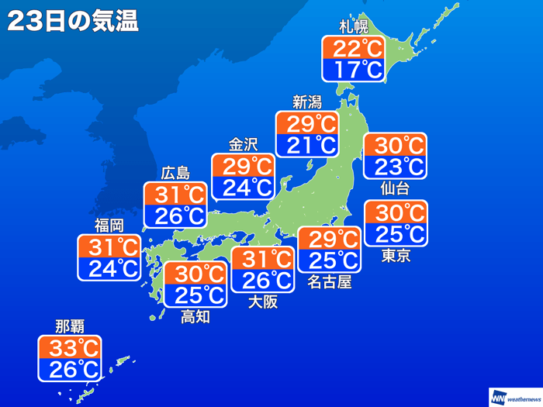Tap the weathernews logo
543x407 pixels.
click(x=514, y=396)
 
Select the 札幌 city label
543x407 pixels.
click(x=353, y=27)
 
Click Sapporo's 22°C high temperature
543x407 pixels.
click(x=353, y=49)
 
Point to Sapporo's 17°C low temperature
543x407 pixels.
click(x=353, y=71)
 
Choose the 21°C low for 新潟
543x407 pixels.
click(x=306, y=144)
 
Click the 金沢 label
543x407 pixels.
click(x=243, y=144)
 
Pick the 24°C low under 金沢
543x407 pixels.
click(x=243, y=187)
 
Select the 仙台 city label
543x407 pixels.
click(x=395, y=188)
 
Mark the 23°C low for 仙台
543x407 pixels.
click(x=395, y=166)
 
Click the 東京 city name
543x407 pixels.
click(x=396, y=256)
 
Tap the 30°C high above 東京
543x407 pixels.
click(x=396, y=212)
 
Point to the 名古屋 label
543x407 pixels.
click(x=329, y=282)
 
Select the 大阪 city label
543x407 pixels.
click(x=263, y=302)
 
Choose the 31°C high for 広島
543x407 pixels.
click(x=175, y=194)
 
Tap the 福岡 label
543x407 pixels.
click(x=109, y=226)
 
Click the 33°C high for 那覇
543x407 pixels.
click(x=70, y=347)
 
